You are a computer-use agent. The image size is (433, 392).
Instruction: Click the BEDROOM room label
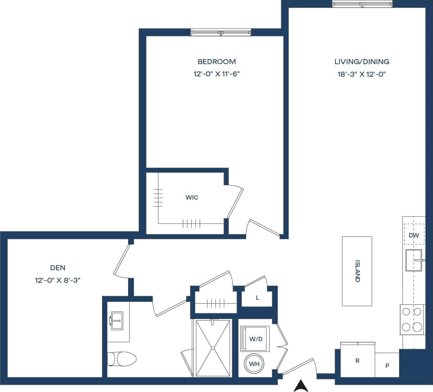pyautogui.click(x=217, y=62)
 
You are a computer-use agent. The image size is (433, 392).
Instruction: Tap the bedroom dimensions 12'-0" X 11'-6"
pyautogui.click(x=217, y=74)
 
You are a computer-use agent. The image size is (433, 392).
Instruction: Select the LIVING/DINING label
pyautogui.click(x=362, y=62)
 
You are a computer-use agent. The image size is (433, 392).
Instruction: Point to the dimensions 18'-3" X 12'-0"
pyautogui.click(x=362, y=74)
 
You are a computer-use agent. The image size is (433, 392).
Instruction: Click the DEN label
pyautogui.click(x=58, y=268)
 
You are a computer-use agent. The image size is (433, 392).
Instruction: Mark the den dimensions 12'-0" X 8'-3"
pyautogui.click(x=58, y=280)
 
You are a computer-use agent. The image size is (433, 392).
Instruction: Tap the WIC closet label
pyautogui.click(x=192, y=197)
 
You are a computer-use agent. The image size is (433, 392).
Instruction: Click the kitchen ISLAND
pyautogui.click(x=357, y=271)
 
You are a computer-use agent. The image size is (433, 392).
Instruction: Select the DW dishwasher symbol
pyautogui.click(x=414, y=235)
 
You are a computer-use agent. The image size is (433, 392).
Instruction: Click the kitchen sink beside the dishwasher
pyautogui.click(x=414, y=260)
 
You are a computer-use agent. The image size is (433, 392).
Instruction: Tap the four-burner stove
pyautogui.click(x=412, y=319)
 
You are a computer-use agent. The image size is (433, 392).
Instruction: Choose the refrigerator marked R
pyautogui.click(x=357, y=361)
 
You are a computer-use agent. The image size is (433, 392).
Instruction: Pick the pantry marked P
pyautogui.click(x=387, y=366)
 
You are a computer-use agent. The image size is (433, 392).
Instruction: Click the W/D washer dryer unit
pyautogui.click(x=256, y=339)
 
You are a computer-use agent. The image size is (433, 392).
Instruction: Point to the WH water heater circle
pyautogui.click(x=254, y=364)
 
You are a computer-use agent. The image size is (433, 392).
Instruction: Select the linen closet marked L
pyautogui.click(x=257, y=298)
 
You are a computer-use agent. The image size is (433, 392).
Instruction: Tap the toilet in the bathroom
pyautogui.click(x=123, y=359)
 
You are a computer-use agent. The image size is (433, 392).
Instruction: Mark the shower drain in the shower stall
pyautogui.click(x=213, y=348)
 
